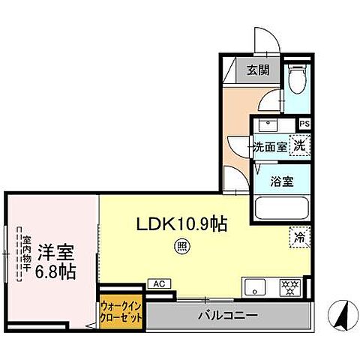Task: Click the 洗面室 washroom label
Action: coord(269,146)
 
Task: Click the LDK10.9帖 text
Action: coord(181,223)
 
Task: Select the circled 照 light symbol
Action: coord(181,246)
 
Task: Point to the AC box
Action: coord(158,284)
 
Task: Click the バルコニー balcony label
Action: coord(228,316)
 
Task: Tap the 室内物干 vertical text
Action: coord(26,256)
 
